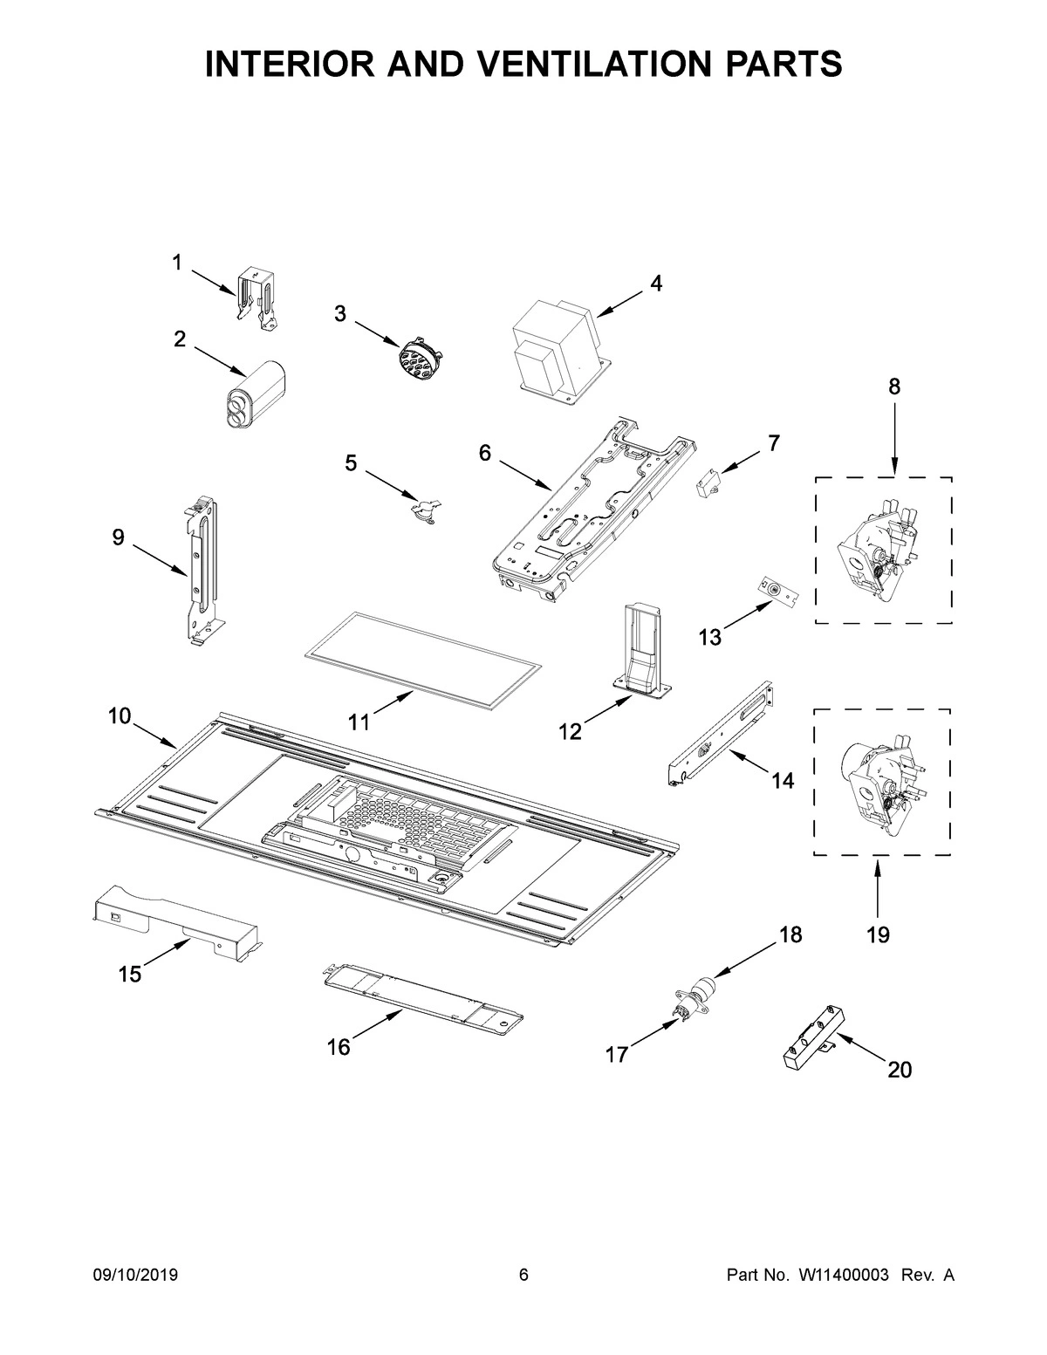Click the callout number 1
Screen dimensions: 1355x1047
tap(176, 263)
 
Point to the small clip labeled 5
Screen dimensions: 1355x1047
tap(425, 507)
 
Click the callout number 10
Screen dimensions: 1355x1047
tap(120, 716)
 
